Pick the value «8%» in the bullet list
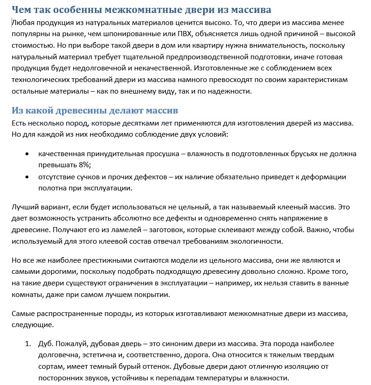pos(83,165)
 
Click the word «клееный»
pos(262,206)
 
